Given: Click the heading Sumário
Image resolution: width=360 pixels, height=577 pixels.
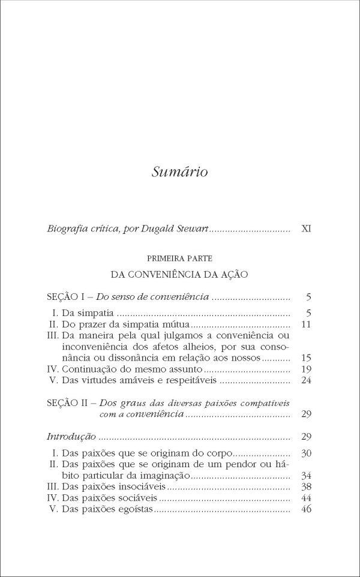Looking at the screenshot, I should pyautogui.click(x=179, y=172).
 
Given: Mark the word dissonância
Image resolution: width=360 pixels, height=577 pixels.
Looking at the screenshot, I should pyautogui.click(x=124, y=357).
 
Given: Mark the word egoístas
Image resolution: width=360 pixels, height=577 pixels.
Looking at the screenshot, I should pyautogui.click(x=134, y=509).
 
